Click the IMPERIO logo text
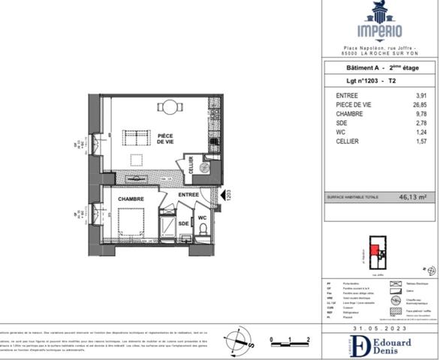click(378, 32)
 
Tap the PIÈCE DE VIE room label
click(155, 139)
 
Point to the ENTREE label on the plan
click(188, 195)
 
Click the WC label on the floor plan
click(202, 219)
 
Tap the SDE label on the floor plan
click(183, 223)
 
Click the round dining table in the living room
click(172, 106)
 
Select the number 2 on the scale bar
click(309, 340)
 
